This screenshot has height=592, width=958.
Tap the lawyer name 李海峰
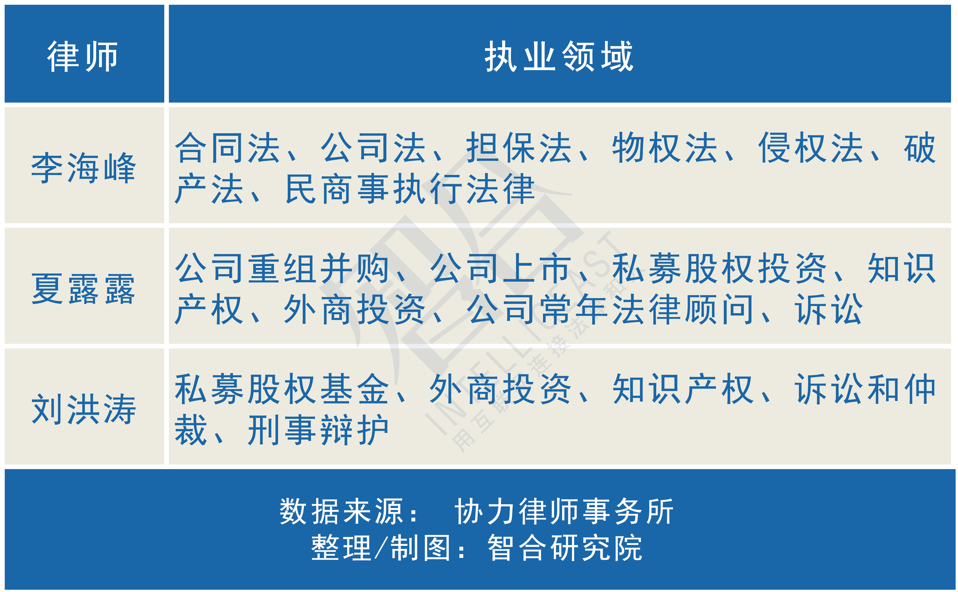point(83,168)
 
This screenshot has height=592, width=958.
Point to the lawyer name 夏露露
point(83,289)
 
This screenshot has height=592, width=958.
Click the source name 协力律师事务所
point(563,511)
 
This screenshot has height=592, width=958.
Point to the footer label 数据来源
point(342,511)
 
